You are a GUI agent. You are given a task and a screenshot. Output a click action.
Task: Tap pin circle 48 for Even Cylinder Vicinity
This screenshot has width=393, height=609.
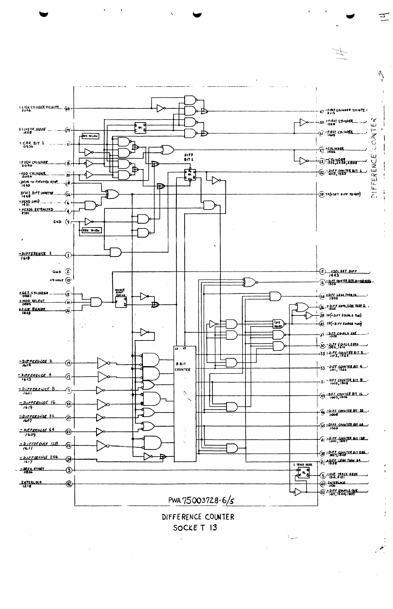click(68, 109)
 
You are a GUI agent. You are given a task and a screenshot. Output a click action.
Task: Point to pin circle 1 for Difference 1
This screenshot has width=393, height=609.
click(68, 255)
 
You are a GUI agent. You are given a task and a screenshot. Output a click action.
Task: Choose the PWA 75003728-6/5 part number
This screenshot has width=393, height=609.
click(201, 500)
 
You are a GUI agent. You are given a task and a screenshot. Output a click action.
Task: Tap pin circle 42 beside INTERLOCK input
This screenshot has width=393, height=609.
click(69, 484)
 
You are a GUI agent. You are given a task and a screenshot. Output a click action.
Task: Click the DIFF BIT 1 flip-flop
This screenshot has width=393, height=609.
click(190, 175)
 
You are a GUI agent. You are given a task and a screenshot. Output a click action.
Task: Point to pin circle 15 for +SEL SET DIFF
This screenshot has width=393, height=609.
click(322, 272)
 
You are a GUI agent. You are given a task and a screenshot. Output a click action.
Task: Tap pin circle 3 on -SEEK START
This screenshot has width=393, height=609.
click(69, 470)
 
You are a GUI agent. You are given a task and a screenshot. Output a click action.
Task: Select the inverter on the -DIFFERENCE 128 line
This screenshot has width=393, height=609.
click(102, 445)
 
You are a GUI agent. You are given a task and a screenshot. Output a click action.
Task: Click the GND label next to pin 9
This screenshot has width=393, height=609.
click(57, 222)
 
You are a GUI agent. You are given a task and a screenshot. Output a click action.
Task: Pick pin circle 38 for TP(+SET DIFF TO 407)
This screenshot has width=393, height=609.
click(322, 194)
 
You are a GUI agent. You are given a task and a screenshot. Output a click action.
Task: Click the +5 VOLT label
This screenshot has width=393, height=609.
click(56, 280)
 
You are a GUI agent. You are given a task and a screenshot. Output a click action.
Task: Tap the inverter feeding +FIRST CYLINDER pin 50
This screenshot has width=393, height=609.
click(304, 122)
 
